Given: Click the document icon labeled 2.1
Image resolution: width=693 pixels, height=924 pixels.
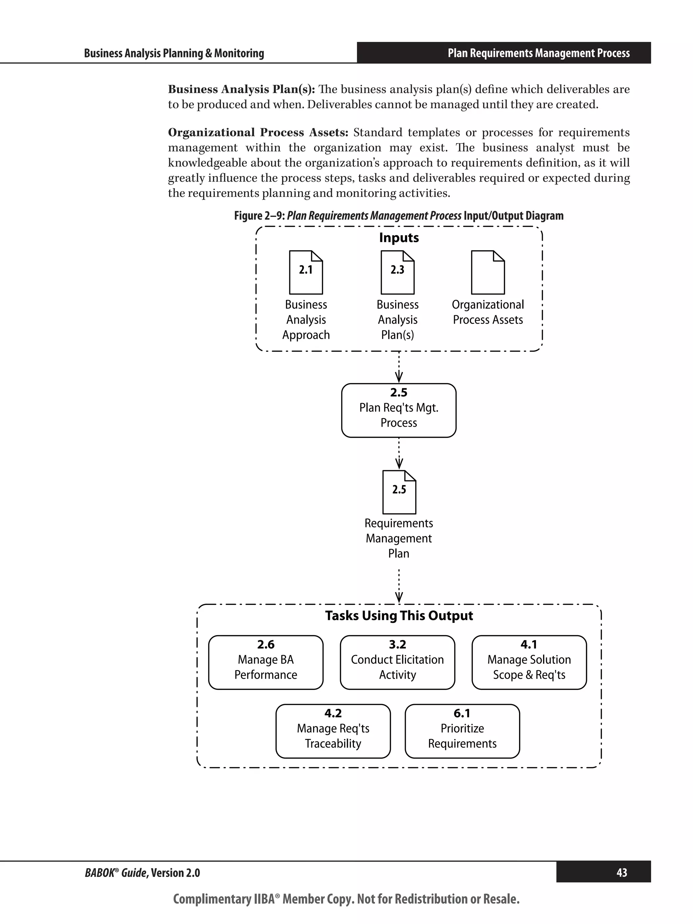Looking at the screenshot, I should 306,272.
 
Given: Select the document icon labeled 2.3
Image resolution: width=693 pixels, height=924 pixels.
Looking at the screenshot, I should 397,272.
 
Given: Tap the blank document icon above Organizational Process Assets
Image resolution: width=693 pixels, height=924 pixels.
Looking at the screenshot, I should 488,272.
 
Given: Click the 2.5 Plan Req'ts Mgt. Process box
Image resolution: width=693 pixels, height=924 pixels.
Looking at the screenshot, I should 399,410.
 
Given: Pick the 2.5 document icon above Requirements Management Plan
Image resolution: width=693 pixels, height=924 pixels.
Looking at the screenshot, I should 399,492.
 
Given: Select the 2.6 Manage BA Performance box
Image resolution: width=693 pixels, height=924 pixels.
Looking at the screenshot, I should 266,662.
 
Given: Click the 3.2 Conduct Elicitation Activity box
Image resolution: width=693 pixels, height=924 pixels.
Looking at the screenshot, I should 397,662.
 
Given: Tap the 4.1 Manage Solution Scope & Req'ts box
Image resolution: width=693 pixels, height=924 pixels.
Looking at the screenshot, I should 529,662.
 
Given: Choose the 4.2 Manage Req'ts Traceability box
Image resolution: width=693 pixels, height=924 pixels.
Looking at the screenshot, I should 333,731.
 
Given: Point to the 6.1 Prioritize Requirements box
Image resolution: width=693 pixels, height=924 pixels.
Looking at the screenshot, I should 462,731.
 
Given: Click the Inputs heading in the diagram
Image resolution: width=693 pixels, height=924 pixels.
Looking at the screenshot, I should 399,238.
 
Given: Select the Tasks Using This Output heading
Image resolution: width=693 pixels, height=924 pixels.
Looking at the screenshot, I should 399,616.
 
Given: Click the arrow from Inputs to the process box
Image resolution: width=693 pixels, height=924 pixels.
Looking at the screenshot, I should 399,367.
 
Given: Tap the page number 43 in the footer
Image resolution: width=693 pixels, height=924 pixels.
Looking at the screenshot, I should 621,873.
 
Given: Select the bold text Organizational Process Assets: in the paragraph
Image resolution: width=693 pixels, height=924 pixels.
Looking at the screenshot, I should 258,132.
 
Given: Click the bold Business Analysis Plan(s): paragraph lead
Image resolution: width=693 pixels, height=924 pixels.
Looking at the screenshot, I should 241,89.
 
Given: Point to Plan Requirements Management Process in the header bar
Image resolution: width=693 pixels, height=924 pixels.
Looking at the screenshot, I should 538,53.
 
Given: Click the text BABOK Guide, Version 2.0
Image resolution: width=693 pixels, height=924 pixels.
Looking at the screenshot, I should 142,873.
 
